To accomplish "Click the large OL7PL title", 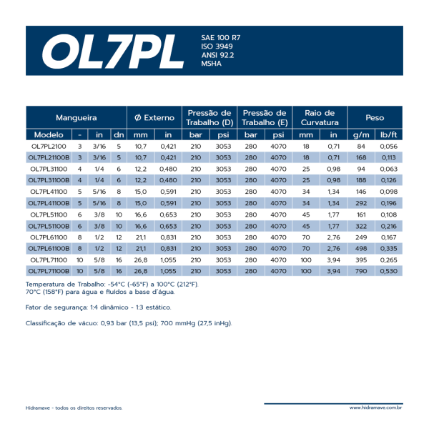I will (x=112, y=50).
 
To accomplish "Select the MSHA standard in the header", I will (x=212, y=64).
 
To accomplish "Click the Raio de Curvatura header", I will (x=320, y=117).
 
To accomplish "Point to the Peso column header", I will (x=375, y=117).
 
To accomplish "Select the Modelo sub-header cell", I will (x=49, y=134).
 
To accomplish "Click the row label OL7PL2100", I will (x=49, y=146).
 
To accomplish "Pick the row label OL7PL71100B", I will (x=49, y=271).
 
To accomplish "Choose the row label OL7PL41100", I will (x=49, y=192).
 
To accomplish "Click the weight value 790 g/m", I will (x=361, y=271).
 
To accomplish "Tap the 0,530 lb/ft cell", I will (x=389, y=271).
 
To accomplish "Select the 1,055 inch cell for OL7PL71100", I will (x=168, y=260).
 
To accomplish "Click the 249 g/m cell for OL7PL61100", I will (x=361, y=237).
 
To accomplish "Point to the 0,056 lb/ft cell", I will (x=389, y=146).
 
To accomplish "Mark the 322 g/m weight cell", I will (x=361, y=225).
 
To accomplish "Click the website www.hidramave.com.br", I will (x=375, y=408).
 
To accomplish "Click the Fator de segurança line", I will (x=98, y=307).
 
